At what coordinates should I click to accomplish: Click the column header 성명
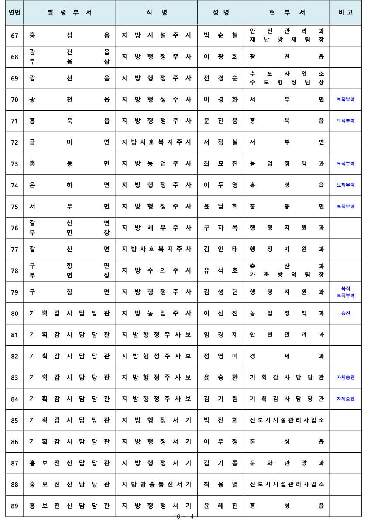[x=221, y=12]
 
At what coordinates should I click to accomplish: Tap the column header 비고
[x=346, y=12]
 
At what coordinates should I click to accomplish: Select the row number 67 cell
[x=14, y=35]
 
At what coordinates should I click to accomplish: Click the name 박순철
[x=221, y=35]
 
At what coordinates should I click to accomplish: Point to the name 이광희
[x=221, y=57]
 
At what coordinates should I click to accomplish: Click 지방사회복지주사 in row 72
[x=156, y=142]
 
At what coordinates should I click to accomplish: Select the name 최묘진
[x=221, y=163]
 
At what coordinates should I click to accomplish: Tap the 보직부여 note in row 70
[x=346, y=100]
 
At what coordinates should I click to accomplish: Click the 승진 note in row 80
[x=346, y=313]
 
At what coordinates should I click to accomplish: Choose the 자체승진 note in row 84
[x=346, y=399]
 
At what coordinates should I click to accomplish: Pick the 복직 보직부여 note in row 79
[x=346, y=292]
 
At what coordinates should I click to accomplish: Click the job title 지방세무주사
[x=156, y=228]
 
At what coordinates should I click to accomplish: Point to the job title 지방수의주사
[x=156, y=270]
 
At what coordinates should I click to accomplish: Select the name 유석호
[x=221, y=270]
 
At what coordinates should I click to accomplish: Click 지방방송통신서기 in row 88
[x=156, y=485]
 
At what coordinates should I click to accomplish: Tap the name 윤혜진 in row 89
[x=221, y=506]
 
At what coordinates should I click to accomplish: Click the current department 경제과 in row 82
[x=287, y=356]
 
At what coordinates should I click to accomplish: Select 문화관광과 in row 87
[x=287, y=463]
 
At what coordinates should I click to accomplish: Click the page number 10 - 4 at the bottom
[x=183, y=517]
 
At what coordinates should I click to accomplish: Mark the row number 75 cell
[x=14, y=206]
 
